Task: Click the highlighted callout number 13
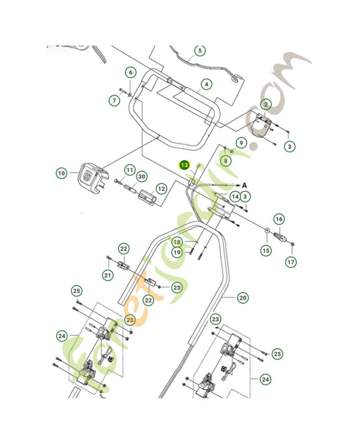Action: coord(184,165)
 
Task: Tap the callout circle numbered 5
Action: coord(200,50)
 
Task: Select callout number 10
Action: coord(61,173)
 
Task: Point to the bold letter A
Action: coord(244,185)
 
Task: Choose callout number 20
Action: coord(243,298)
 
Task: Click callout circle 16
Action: coord(279,219)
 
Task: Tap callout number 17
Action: coord(290,262)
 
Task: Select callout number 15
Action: coord(266,250)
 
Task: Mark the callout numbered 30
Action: coord(142,177)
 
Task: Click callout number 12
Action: coord(161,189)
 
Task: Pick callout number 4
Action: coord(207,85)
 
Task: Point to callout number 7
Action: coord(114,101)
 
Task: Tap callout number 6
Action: coord(131,72)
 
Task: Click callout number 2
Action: coord(266,104)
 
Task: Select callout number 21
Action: coord(108,275)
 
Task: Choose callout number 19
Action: coord(177,252)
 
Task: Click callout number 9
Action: coord(241,143)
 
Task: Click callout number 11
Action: coord(129,170)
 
